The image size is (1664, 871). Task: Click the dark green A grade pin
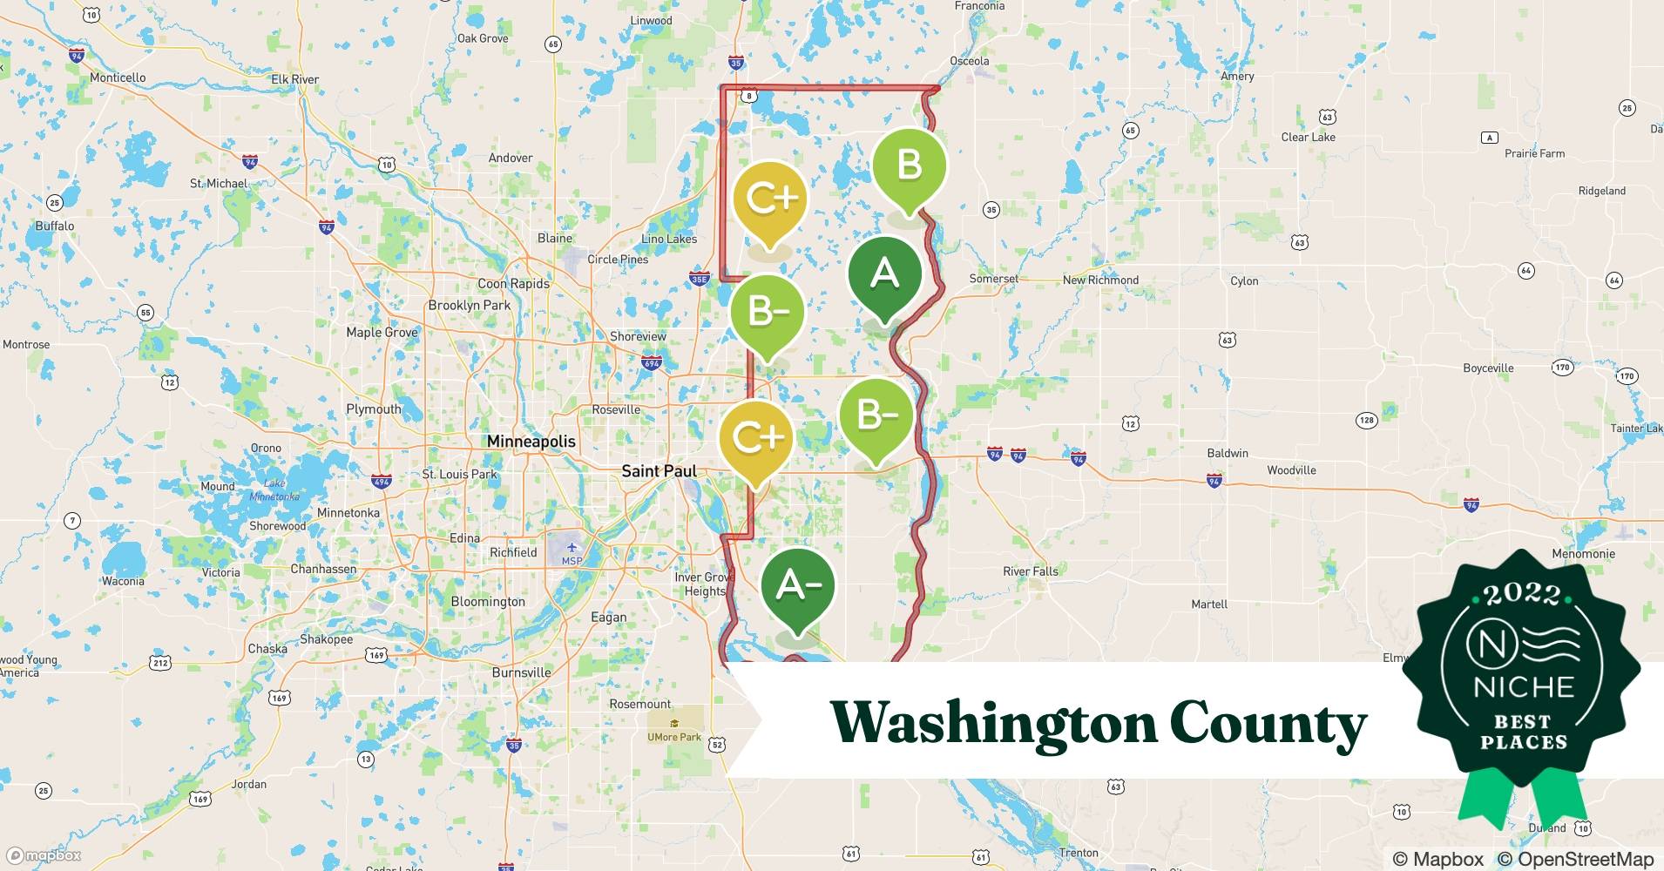pos(884,274)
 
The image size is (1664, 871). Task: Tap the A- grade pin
pos(797,586)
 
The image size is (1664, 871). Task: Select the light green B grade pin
pos(909,165)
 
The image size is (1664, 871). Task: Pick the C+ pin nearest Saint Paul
pos(756,437)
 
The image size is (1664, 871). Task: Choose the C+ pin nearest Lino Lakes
pos(770,199)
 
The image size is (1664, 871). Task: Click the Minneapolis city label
pos(531,442)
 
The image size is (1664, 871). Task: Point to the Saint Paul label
pos(659,471)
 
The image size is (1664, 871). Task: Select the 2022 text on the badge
pos(1522,594)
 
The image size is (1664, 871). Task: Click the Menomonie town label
pos(1583,554)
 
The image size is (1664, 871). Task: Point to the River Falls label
pos(1030,571)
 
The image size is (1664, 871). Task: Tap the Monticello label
pos(118,78)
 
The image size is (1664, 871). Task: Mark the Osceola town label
pos(969,61)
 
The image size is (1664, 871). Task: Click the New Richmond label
pos(1100,280)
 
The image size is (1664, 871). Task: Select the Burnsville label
pos(521,672)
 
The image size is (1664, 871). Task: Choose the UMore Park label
pos(673,737)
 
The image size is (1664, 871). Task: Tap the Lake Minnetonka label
pos(274,490)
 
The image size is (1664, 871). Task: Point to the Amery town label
pos(1237,76)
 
